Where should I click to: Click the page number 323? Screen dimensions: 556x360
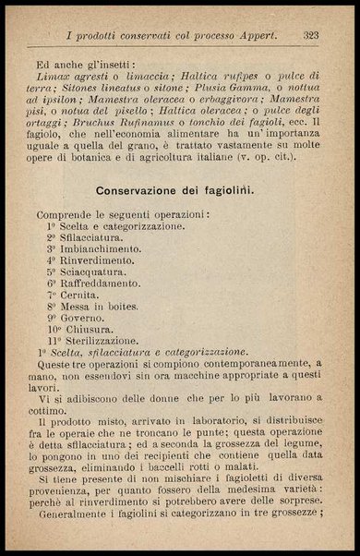[x=310, y=35]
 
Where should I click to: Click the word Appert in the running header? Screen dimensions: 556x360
[x=254, y=35]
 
